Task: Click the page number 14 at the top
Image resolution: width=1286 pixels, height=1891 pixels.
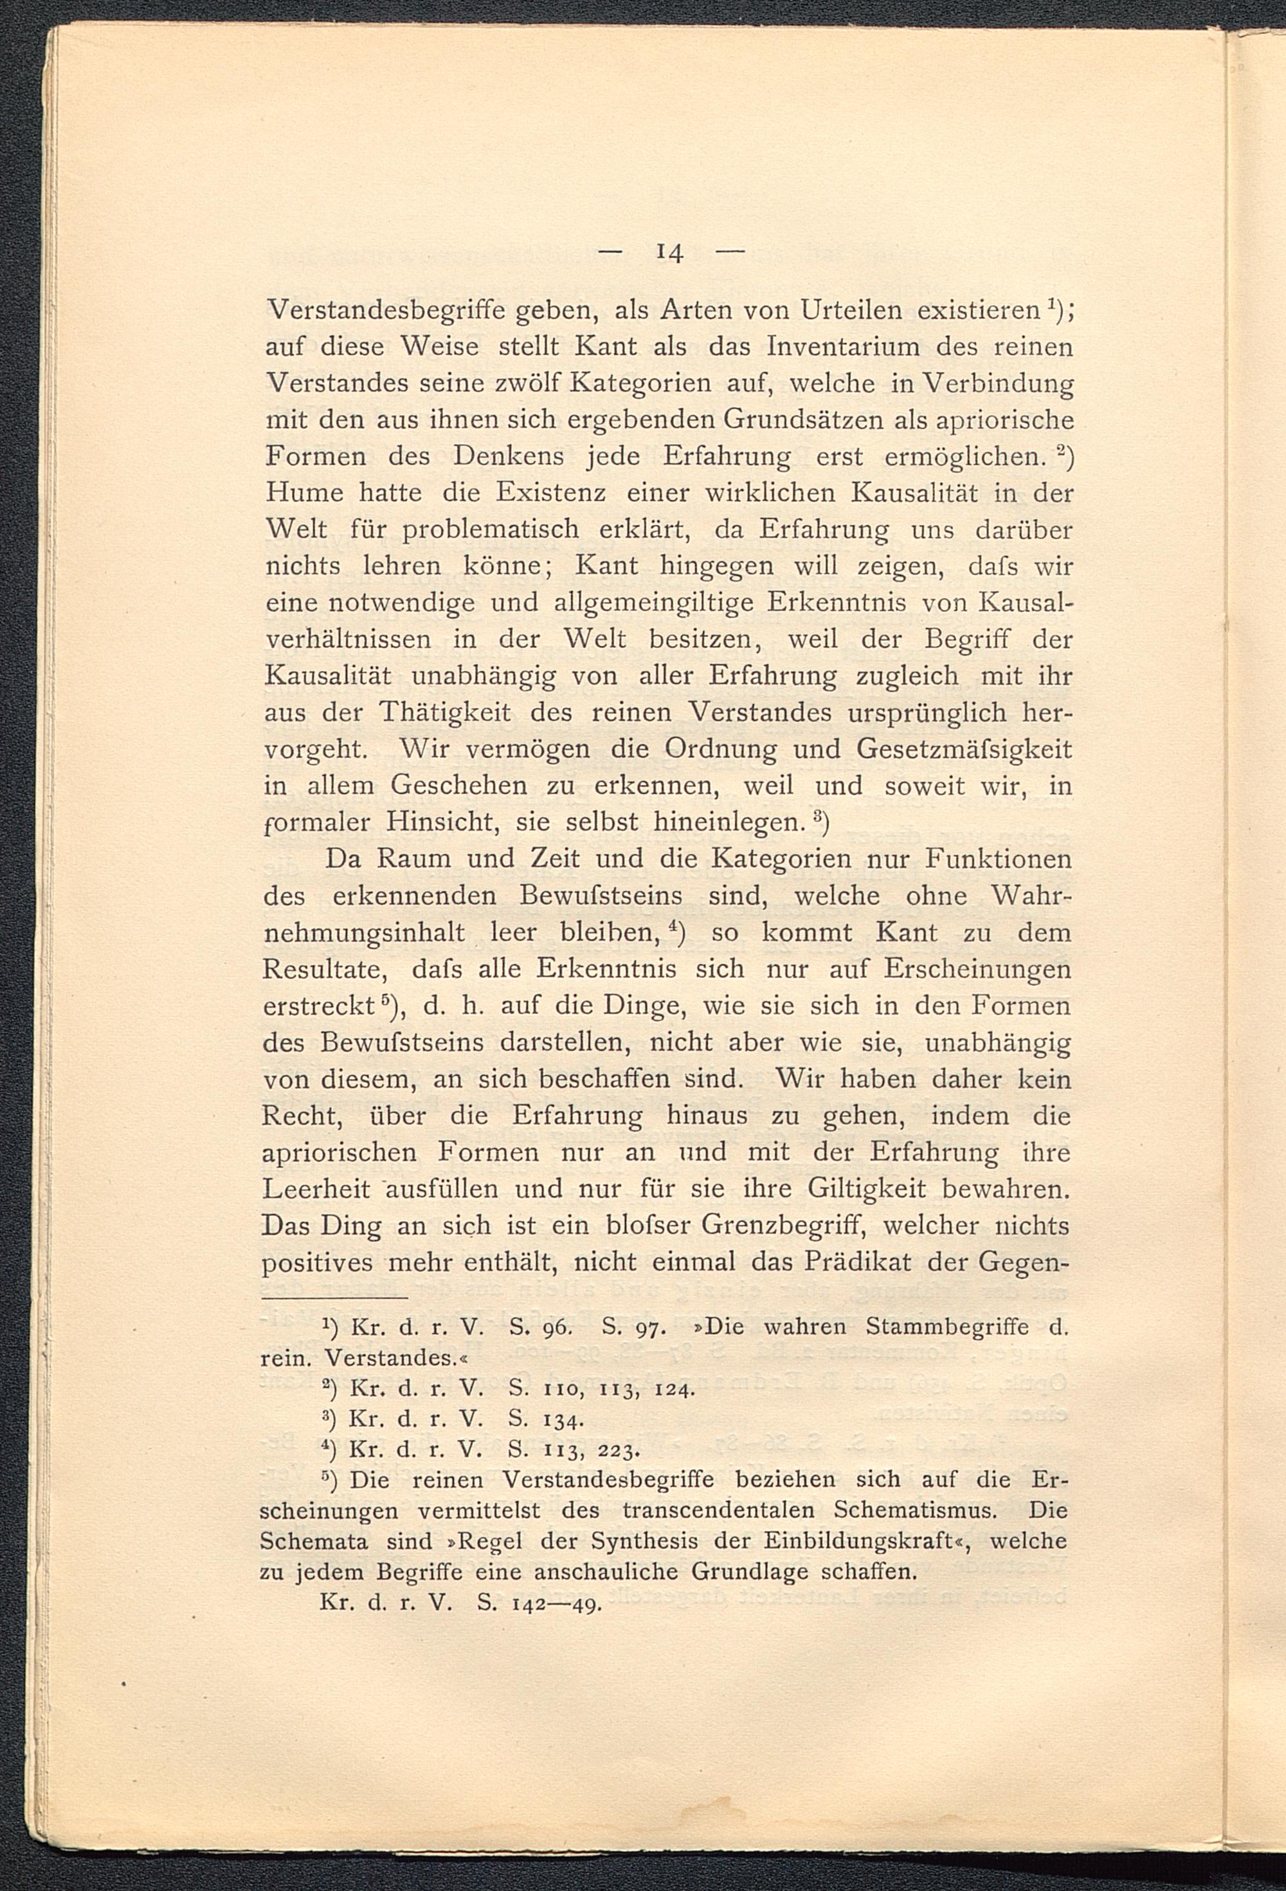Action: pyautogui.click(x=669, y=253)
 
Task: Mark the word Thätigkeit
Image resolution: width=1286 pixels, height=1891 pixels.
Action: pyautogui.click(x=445, y=714)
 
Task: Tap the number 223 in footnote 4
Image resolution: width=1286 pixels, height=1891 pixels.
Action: pyautogui.click(x=620, y=1451)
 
